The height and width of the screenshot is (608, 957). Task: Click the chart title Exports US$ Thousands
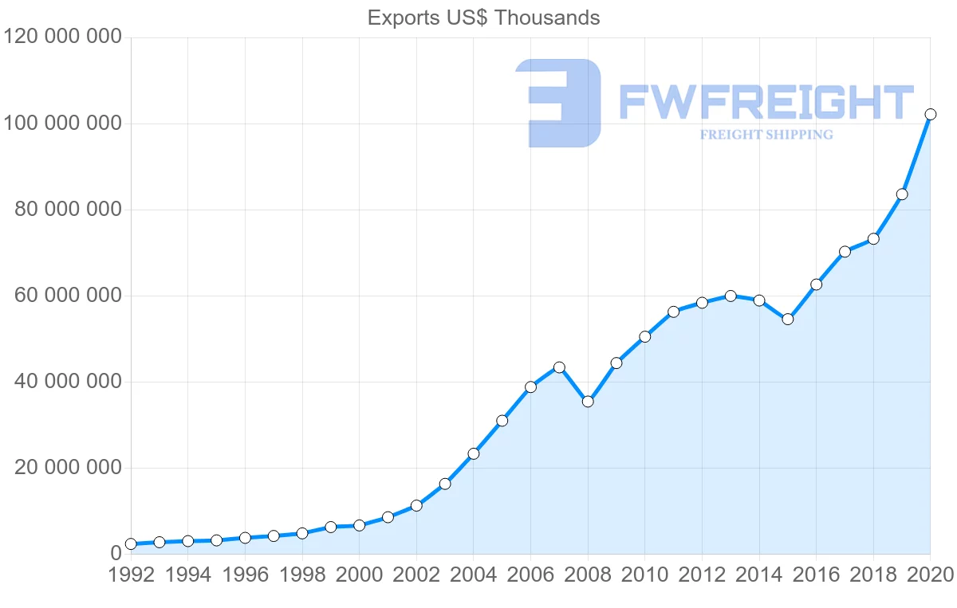click(x=483, y=18)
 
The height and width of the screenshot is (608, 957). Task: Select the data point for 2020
click(x=930, y=115)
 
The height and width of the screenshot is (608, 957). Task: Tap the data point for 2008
click(x=588, y=402)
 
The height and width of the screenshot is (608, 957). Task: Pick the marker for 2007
click(x=559, y=367)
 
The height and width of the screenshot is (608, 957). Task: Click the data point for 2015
click(x=788, y=320)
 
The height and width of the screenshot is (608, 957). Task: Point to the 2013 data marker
click(x=731, y=296)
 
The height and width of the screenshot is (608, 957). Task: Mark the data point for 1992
click(x=131, y=544)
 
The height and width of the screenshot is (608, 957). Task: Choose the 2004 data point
click(x=474, y=453)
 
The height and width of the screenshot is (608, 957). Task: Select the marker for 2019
click(x=902, y=194)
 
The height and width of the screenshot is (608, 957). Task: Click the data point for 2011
click(x=673, y=312)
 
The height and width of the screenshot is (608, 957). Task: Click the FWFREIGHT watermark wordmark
click(x=766, y=104)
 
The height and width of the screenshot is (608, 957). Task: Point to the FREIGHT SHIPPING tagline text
click(x=766, y=135)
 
